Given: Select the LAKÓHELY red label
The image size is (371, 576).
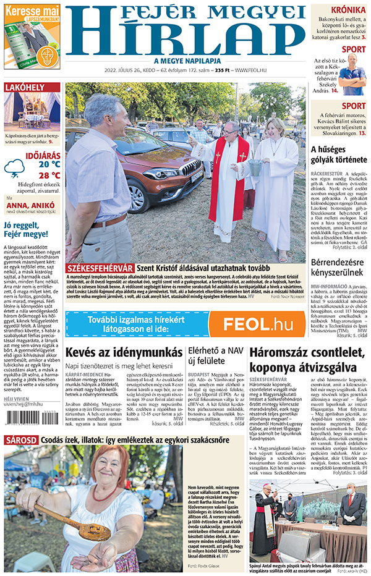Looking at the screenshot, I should pos(23,88).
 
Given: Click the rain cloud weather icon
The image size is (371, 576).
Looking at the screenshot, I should pos(14,168).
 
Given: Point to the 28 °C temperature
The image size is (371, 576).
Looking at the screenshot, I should pos(49,175).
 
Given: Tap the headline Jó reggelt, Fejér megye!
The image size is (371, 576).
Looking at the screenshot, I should pos(26,229).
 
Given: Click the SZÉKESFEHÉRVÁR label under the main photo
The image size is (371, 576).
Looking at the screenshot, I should pos(100,268).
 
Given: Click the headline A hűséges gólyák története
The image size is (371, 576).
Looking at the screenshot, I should pos(339,155).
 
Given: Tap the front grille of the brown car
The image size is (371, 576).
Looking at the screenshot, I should pos(190,167).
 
